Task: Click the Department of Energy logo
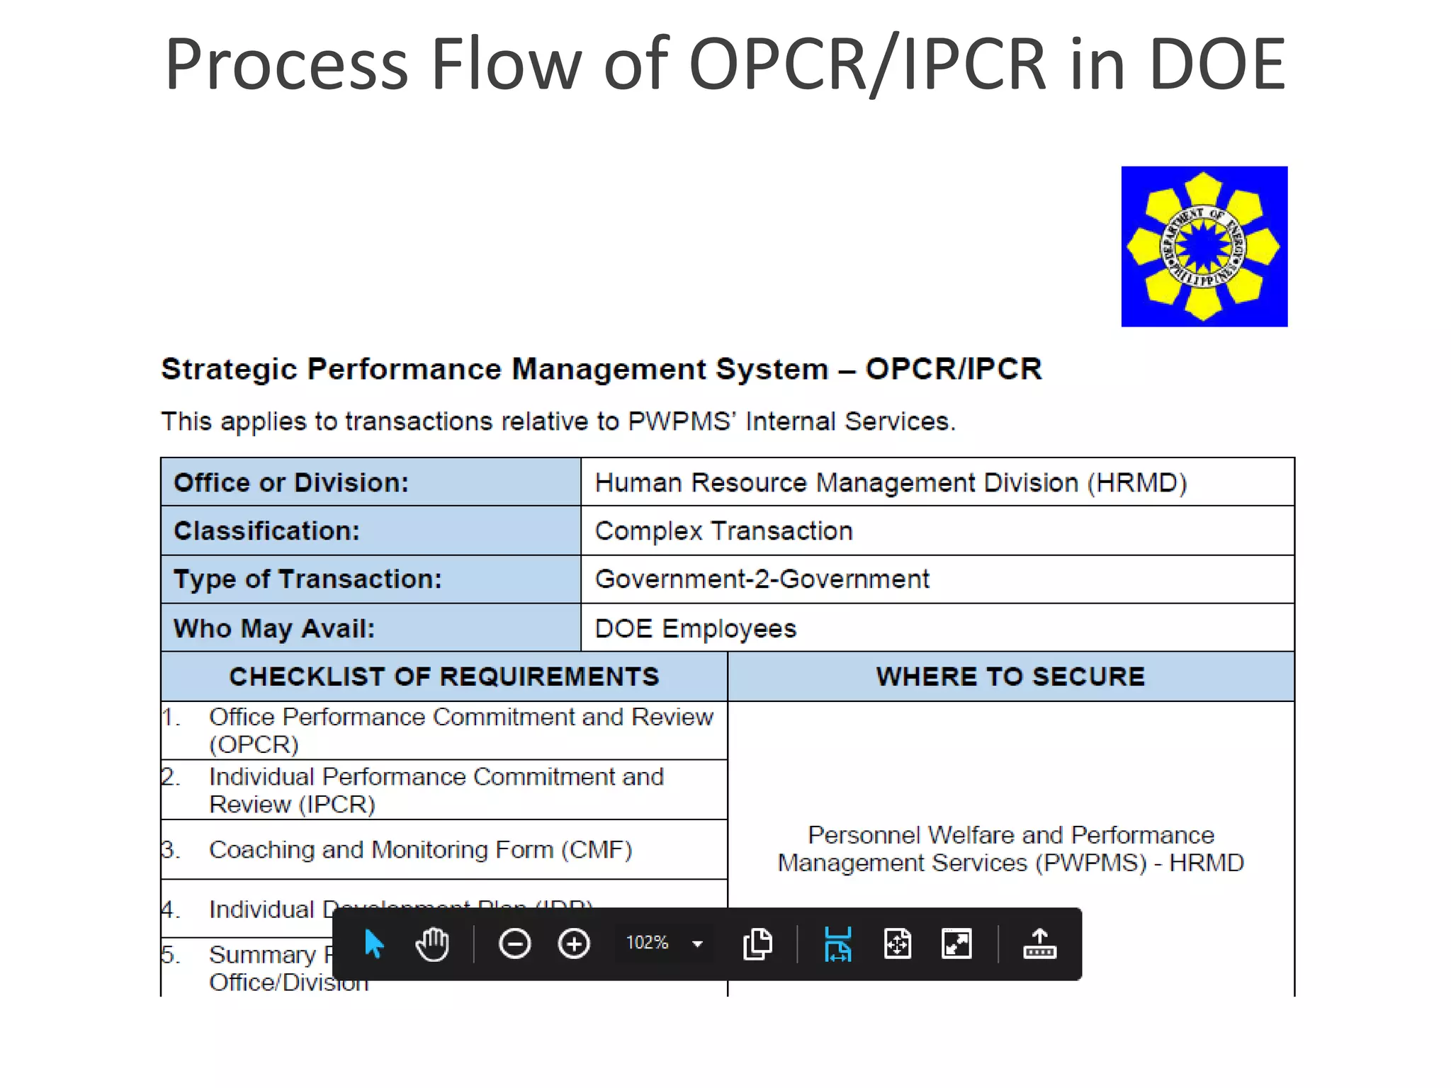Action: click(1204, 246)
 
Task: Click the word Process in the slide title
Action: click(286, 64)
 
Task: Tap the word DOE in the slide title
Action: click(1216, 64)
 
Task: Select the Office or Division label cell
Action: click(370, 482)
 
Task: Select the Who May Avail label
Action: click(274, 628)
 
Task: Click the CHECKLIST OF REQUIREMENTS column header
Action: click(444, 676)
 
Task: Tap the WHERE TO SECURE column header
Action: click(1010, 676)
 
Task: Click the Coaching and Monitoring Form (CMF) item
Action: click(420, 849)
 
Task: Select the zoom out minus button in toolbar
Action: click(514, 943)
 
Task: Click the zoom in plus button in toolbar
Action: click(574, 943)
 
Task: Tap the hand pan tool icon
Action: click(432, 943)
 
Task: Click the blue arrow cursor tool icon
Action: click(373, 943)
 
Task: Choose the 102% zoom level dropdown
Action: click(663, 943)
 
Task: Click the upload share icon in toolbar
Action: click(1039, 943)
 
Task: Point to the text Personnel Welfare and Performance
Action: click(1010, 835)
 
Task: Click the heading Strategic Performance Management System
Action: click(494, 369)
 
